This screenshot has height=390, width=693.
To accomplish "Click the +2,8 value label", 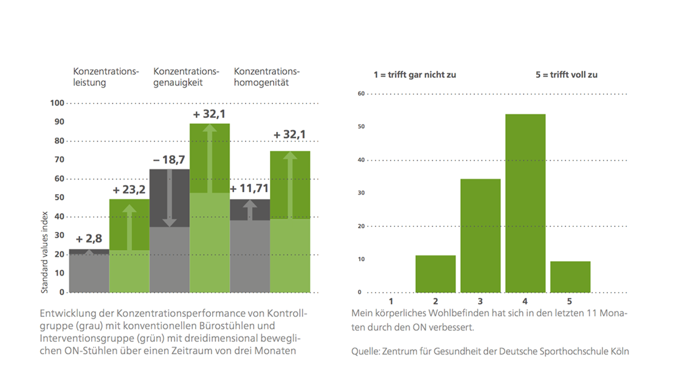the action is click(x=89, y=239).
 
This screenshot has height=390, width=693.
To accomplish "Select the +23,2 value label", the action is click(x=129, y=190).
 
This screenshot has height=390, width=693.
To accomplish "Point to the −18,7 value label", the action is click(x=169, y=159).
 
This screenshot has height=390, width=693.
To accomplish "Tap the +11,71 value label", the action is click(x=249, y=189).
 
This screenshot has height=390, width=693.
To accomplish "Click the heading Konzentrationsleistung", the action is click(x=106, y=77).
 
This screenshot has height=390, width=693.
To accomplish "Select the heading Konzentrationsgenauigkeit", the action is click(x=186, y=77).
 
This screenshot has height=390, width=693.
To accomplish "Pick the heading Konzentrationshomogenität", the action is click(x=266, y=77).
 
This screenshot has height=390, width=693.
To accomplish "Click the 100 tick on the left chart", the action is click(x=57, y=103).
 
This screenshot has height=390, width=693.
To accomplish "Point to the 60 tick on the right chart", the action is click(x=362, y=94).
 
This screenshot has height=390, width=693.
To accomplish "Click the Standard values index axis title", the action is click(x=44, y=252).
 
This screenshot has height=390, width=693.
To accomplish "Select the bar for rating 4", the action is click(x=525, y=203).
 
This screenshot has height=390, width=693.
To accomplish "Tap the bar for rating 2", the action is click(x=435, y=274).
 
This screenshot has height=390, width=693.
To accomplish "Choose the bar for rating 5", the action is click(x=570, y=277).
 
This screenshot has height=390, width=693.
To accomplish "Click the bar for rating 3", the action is click(x=480, y=235).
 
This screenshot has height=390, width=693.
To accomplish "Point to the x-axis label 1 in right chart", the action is click(x=391, y=302).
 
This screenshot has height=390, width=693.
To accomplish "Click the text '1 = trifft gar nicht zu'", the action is click(x=415, y=75).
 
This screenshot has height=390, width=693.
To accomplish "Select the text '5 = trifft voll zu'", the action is click(x=567, y=75).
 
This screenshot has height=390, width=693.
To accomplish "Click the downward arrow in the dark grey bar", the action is click(x=169, y=198).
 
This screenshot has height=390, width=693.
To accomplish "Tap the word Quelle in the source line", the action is click(x=365, y=352).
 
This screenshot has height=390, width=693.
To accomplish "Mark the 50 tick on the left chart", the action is click(x=59, y=198).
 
